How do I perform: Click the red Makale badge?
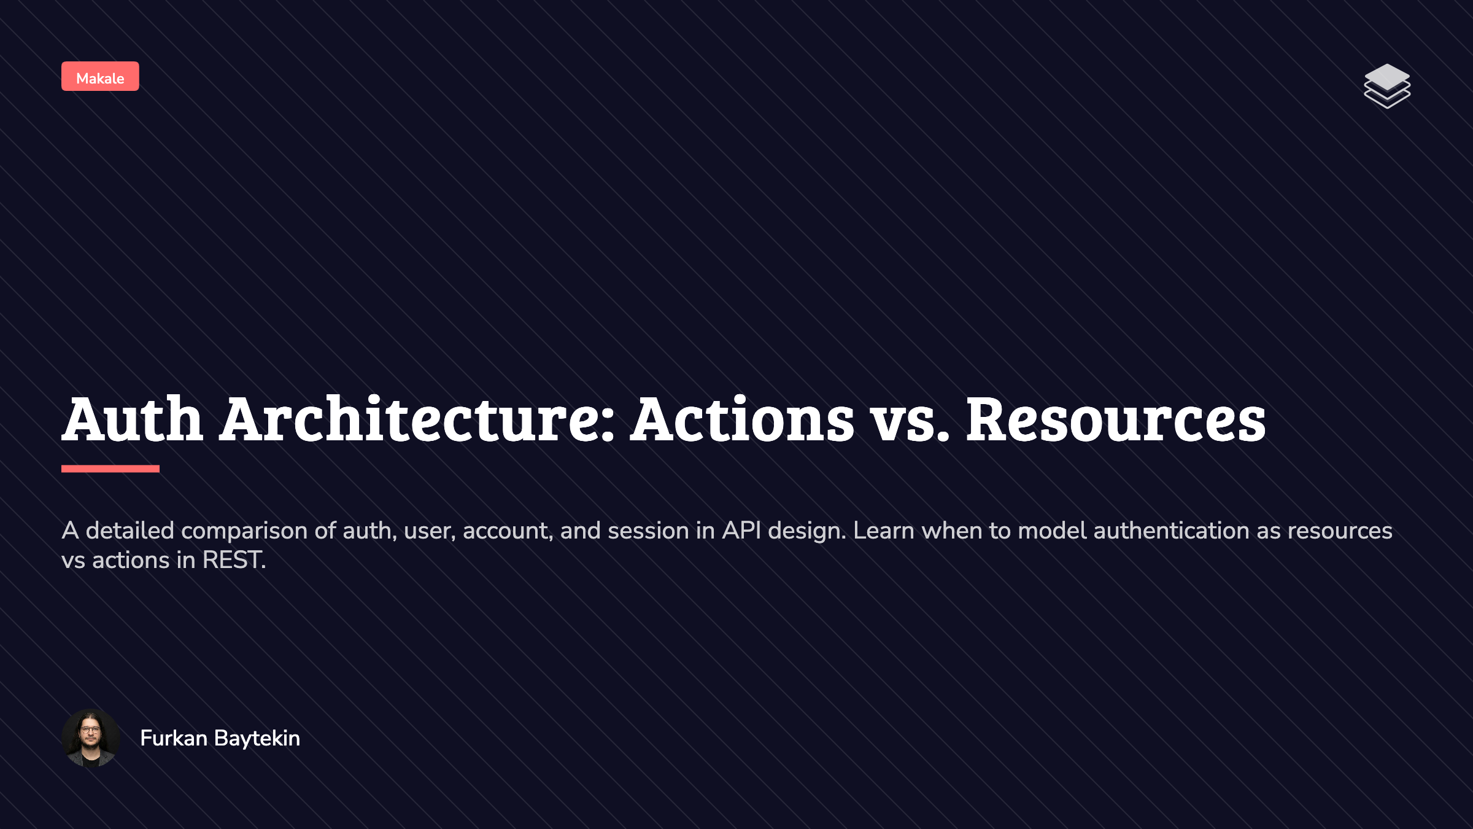click(100, 77)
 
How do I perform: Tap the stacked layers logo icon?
click(1387, 86)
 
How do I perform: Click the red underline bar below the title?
click(110, 469)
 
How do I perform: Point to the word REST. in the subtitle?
click(234, 560)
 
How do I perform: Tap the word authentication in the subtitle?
click(1171, 531)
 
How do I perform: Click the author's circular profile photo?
click(91, 738)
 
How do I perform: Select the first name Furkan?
click(174, 738)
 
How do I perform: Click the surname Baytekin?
click(257, 739)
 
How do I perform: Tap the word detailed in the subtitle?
click(130, 531)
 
